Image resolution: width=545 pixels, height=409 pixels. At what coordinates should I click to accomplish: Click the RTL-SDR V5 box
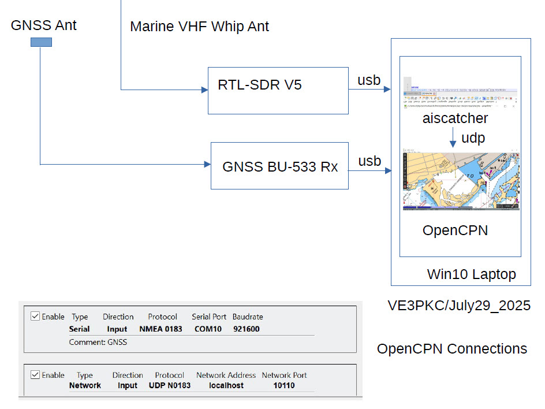click(278, 90)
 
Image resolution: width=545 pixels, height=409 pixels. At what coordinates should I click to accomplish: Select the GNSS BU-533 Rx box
click(279, 166)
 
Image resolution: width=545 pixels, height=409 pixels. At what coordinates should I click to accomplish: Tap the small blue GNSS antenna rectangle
click(41, 42)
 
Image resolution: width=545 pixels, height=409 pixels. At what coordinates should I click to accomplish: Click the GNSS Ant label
click(44, 25)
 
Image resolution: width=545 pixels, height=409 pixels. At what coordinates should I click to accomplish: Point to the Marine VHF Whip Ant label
click(199, 26)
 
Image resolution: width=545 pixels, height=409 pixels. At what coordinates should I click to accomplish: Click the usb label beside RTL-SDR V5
click(369, 80)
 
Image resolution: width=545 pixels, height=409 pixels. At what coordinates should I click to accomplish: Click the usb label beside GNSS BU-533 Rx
click(369, 161)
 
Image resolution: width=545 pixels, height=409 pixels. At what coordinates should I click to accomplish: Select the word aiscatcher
click(455, 118)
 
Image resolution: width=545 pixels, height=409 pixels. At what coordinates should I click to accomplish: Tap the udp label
click(473, 138)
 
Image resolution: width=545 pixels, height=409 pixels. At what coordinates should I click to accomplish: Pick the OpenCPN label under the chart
click(455, 230)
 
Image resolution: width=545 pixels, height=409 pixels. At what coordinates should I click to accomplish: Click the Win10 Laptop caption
click(471, 274)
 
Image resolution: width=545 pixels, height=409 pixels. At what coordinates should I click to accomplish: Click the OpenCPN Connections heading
click(452, 349)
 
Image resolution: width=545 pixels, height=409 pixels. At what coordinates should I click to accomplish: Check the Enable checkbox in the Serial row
click(35, 317)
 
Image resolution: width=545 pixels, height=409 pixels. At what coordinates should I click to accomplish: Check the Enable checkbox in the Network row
click(35, 375)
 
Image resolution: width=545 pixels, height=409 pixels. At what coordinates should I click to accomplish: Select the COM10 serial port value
click(208, 329)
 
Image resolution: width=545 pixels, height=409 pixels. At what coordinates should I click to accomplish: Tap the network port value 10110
click(284, 385)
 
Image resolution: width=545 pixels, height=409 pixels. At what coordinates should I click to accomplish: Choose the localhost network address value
click(226, 385)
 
